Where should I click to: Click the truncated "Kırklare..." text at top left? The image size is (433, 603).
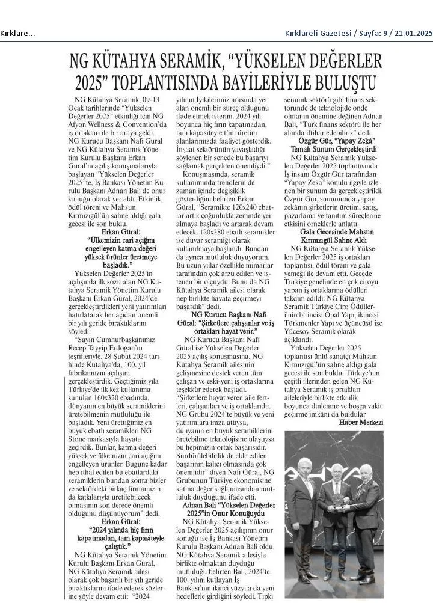[x=17, y=33]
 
